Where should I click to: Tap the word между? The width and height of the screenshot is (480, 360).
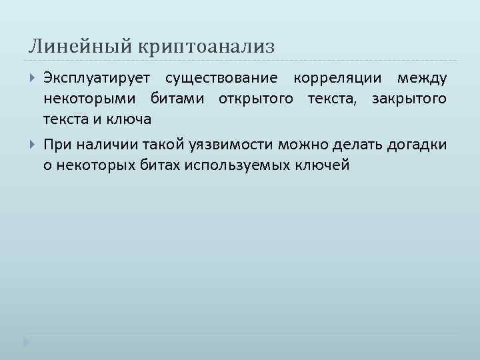422,79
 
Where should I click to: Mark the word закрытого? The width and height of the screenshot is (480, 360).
409,99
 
